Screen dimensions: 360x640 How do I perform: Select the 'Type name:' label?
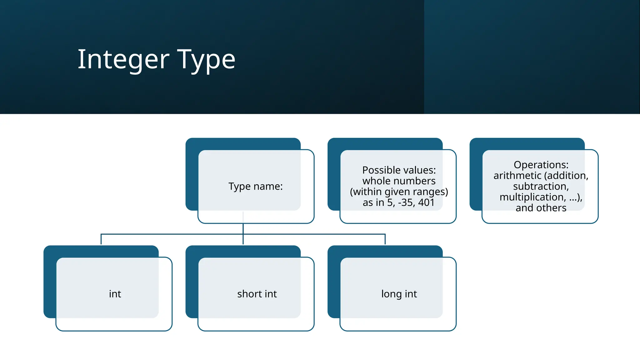[255, 186]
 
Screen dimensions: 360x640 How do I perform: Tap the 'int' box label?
[115, 294]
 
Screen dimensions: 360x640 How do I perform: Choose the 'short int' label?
[257, 294]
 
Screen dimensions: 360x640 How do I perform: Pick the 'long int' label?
[399, 294]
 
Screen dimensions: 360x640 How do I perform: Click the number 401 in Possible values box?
[426, 202]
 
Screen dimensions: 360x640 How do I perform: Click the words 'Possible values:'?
[399, 170]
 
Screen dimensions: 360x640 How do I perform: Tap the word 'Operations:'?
[541, 165]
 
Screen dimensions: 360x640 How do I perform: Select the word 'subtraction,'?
[541, 186]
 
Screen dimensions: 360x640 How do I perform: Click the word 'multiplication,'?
[532, 197]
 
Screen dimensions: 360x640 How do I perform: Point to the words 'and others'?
[541, 208]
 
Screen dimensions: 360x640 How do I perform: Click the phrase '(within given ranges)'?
[399, 192]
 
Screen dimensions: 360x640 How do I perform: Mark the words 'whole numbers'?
[399, 181]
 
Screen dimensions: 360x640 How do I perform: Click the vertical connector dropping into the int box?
[101, 239]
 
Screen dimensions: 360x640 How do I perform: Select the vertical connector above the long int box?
[385, 239]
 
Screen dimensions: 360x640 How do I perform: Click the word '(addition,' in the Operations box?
[566, 176]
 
